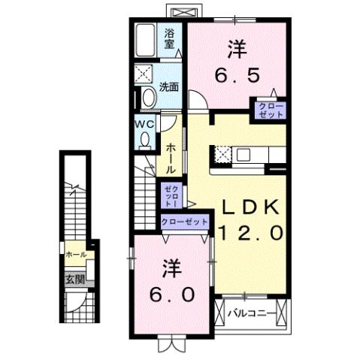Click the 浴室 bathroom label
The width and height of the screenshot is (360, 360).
(170, 38)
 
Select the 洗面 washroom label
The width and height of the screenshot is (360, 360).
(169, 87)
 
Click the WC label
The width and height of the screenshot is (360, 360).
(144, 123)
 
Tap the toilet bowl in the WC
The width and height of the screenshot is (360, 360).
(144, 138)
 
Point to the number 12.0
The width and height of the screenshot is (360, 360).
(251, 233)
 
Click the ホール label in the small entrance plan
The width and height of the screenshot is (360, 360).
(75, 256)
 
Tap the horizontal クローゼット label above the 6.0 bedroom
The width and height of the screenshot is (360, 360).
(184, 222)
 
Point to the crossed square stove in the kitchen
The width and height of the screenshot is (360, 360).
(223, 155)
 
